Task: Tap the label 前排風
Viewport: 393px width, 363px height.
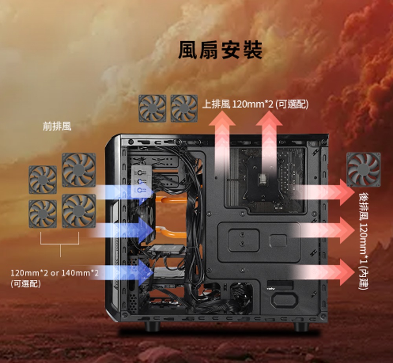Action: point(57,126)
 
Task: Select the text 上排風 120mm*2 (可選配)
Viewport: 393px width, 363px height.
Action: point(255,104)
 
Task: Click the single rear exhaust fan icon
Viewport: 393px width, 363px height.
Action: point(364,169)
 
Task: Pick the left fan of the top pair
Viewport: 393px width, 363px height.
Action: point(152,108)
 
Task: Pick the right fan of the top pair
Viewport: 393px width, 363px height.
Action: point(184,108)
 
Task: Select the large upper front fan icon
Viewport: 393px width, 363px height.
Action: point(79,170)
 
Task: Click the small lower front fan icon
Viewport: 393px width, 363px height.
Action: point(42,214)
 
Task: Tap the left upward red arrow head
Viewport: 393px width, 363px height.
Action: point(222,120)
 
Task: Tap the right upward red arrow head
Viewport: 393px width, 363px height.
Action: point(270,120)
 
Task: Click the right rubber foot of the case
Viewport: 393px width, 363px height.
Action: point(301,326)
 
